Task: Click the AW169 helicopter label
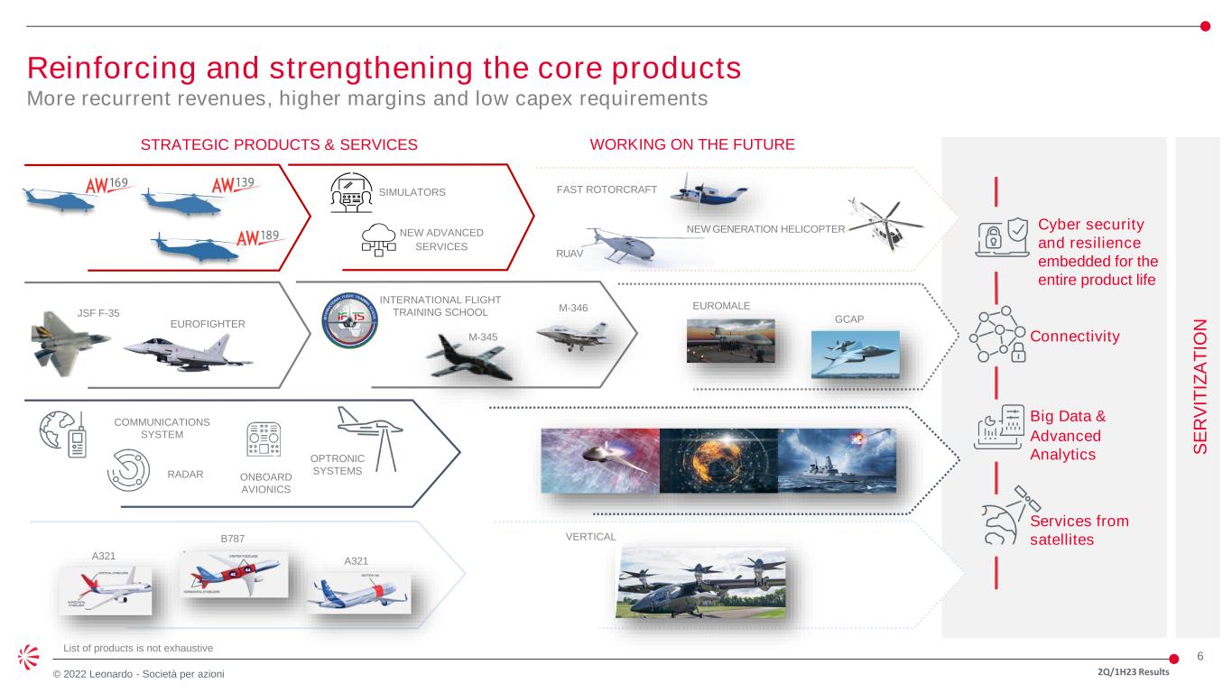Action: pos(107,185)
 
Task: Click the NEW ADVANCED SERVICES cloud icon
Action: pos(380,238)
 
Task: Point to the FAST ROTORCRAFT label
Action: pos(607,189)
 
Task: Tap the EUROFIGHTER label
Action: pos(207,323)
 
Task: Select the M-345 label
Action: pos(484,337)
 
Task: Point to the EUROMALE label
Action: pos(720,307)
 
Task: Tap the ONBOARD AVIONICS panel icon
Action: pos(264,441)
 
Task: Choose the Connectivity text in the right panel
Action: pos(1074,337)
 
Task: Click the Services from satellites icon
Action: pos(1005,519)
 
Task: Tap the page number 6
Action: pos(1200,657)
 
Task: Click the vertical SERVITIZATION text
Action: pos(1198,387)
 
